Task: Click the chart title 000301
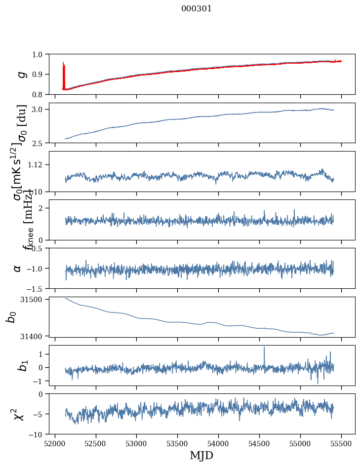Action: point(197,9)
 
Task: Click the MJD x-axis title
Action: point(201,455)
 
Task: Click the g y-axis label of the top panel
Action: point(21,74)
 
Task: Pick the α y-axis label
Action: point(18,268)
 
